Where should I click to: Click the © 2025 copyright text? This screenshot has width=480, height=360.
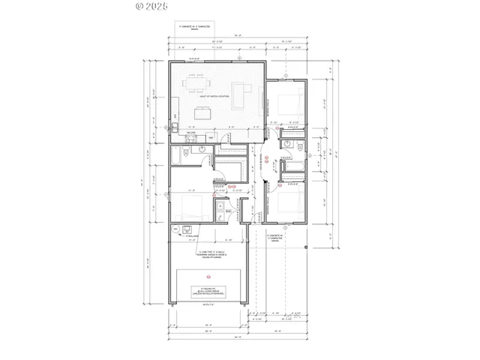point(151,6)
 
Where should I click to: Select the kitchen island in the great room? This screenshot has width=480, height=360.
point(203,114)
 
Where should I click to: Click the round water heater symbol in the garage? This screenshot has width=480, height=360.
point(175,229)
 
